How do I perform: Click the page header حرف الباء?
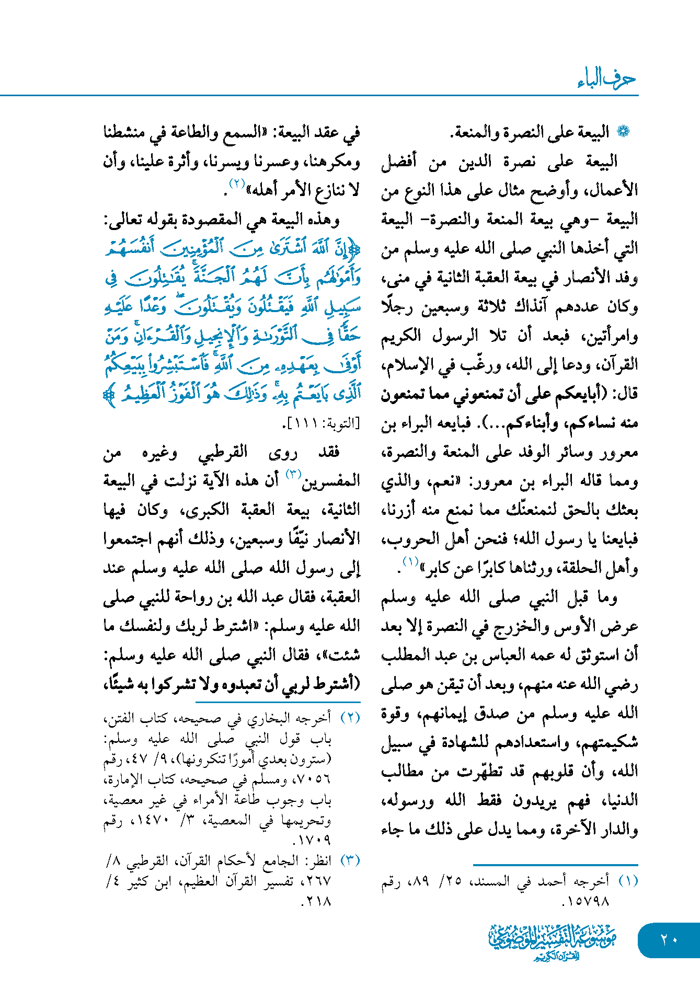pyautogui.click(x=606, y=79)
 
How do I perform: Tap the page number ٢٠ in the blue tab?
pyautogui.click(x=669, y=939)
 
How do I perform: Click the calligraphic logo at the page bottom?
pyautogui.click(x=553, y=941)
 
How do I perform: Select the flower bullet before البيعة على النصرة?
pyautogui.click(x=622, y=132)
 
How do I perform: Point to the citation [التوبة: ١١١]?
pyautogui.click(x=320, y=423)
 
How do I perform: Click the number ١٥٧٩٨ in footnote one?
pyautogui.click(x=586, y=901)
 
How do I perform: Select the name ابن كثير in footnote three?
pyautogui.click(x=150, y=881)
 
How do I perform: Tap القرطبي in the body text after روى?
pyautogui.click(x=223, y=452)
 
